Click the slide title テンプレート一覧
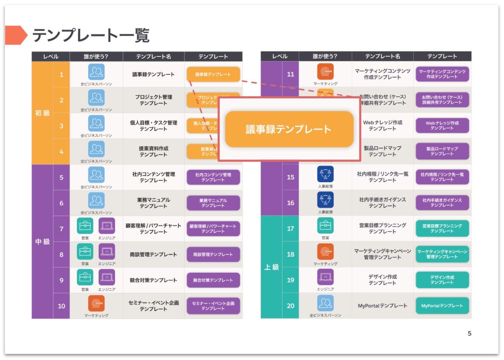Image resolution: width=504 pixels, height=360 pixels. point(91,36)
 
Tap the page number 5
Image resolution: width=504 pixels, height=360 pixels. point(470,333)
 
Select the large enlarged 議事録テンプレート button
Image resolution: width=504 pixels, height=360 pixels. point(289,129)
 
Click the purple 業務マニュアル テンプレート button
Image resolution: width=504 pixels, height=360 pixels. point(213,203)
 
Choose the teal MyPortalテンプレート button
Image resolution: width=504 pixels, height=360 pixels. point(442,306)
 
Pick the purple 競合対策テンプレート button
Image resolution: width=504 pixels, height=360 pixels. point(213,280)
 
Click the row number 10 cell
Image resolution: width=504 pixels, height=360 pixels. point(62,306)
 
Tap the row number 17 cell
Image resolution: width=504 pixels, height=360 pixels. point(291,228)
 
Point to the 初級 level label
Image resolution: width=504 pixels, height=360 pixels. point(42,113)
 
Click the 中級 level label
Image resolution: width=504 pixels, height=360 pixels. point(42,242)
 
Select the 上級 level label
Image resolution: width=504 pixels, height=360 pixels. point(271,267)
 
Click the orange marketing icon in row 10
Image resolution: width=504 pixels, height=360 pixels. point(96,303)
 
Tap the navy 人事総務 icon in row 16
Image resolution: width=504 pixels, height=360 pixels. point(325,200)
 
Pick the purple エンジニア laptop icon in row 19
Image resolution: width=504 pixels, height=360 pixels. point(325,277)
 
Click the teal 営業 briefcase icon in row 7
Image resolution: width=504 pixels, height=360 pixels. point(85,226)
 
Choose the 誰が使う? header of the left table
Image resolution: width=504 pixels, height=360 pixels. point(96,57)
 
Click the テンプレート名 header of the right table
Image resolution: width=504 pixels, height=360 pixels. point(382,56)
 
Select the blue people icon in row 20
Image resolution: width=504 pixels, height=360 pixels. point(325,303)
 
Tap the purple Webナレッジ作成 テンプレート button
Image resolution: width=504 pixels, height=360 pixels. point(442,126)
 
